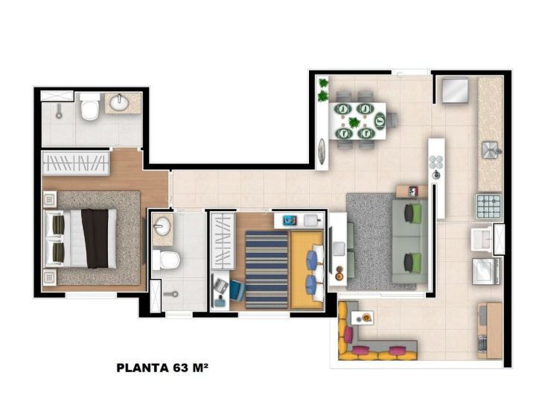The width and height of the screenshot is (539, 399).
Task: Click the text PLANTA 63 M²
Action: (x=162, y=368)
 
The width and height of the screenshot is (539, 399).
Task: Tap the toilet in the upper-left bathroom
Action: (x=89, y=107)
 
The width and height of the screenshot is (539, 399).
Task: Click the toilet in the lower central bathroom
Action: (x=166, y=260)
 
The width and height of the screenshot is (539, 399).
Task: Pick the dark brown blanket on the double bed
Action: (x=95, y=238)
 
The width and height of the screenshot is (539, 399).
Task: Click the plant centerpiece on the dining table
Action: (x=354, y=122)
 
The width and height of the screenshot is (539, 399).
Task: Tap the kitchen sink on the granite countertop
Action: (x=491, y=150)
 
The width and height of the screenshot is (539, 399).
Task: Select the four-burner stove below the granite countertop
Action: (x=488, y=207)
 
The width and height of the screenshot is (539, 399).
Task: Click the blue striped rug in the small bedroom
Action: (x=267, y=270)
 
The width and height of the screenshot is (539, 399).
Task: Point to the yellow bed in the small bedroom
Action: (x=307, y=270)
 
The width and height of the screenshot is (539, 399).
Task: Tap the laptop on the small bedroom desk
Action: (x=220, y=286)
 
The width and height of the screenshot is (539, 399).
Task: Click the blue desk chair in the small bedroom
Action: (x=237, y=291)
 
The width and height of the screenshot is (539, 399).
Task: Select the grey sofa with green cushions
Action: (x=410, y=242)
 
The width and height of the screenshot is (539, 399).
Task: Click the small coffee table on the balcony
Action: (x=362, y=318)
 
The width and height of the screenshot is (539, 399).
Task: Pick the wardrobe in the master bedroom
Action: (x=76, y=163)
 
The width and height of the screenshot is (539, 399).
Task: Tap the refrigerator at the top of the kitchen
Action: (x=455, y=90)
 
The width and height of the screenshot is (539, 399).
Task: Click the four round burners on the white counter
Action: (x=436, y=161)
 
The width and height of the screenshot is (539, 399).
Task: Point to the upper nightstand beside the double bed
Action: (x=50, y=199)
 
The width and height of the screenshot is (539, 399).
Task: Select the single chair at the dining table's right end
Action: (x=392, y=120)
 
